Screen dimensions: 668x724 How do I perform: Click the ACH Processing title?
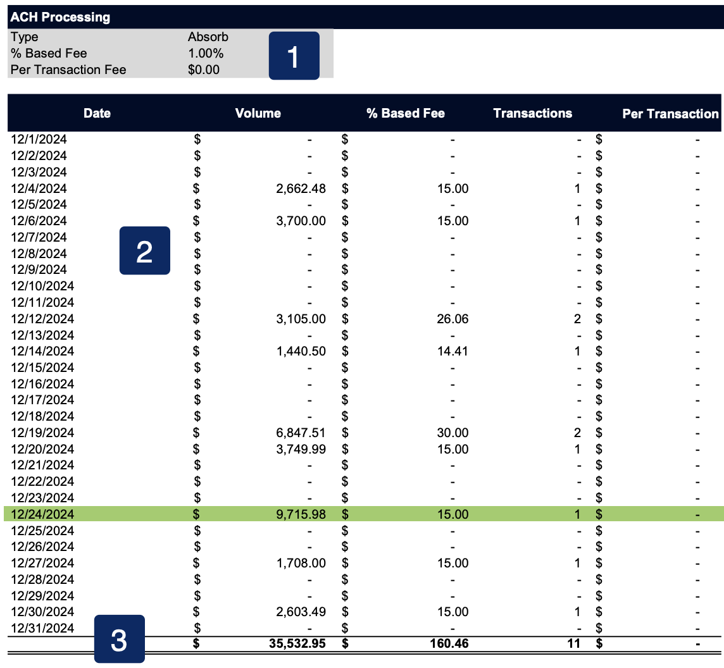pyautogui.click(x=60, y=17)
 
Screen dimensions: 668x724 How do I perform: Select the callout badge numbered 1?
pyautogui.click(x=294, y=56)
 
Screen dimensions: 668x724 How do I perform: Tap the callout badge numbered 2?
pyautogui.click(x=144, y=251)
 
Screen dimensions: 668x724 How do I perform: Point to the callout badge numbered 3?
pyautogui.click(x=119, y=640)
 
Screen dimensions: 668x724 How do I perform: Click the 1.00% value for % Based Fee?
pyautogui.click(x=206, y=53)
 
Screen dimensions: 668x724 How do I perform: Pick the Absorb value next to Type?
pyautogui.click(x=208, y=37)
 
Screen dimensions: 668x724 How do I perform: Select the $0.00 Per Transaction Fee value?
pyautogui.click(x=204, y=70)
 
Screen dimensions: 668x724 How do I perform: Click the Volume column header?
pyautogui.click(x=258, y=113)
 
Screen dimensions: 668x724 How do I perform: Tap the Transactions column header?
pyautogui.click(x=532, y=113)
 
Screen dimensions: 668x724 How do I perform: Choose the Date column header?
pyautogui.click(x=97, y=113)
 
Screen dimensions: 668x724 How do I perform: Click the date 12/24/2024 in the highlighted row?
pyautogui.click(x=42, y=514)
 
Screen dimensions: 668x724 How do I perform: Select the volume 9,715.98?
pyautogui.click(x=301, y=514)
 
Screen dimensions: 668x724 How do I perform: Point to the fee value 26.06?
pyautogui.click(x=453, y=319)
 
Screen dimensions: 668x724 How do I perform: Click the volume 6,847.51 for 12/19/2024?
pyautogui.click(x=301, y=433)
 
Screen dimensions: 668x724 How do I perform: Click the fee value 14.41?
pyautogui.click(x=453, y=351)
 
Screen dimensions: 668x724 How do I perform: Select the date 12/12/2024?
pyautogui.click(x=42, y=319)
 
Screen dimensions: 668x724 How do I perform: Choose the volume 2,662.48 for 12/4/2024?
pyautogui.click(x=301, y=188)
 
